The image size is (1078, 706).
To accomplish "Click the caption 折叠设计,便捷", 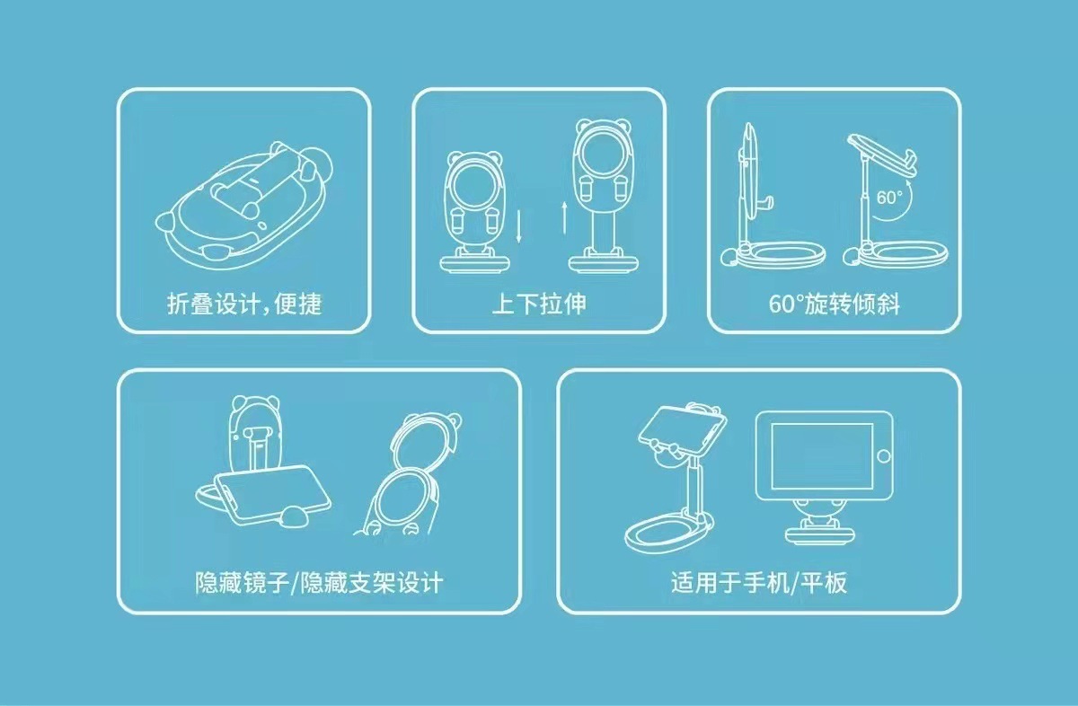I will tap(243, 304).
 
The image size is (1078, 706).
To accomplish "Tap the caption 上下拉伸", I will tap(538, 304).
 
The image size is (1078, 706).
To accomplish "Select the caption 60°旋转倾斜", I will tap(835, 304).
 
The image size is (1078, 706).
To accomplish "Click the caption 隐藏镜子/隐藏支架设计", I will tap(319, 583).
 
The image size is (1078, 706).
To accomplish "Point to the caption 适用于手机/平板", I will tap(759, 583).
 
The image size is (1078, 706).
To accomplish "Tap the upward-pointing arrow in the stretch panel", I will tap(564, 217).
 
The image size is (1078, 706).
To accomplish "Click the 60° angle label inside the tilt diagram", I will tap(889, 198).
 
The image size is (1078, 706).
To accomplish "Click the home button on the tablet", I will tap(884, 456).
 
